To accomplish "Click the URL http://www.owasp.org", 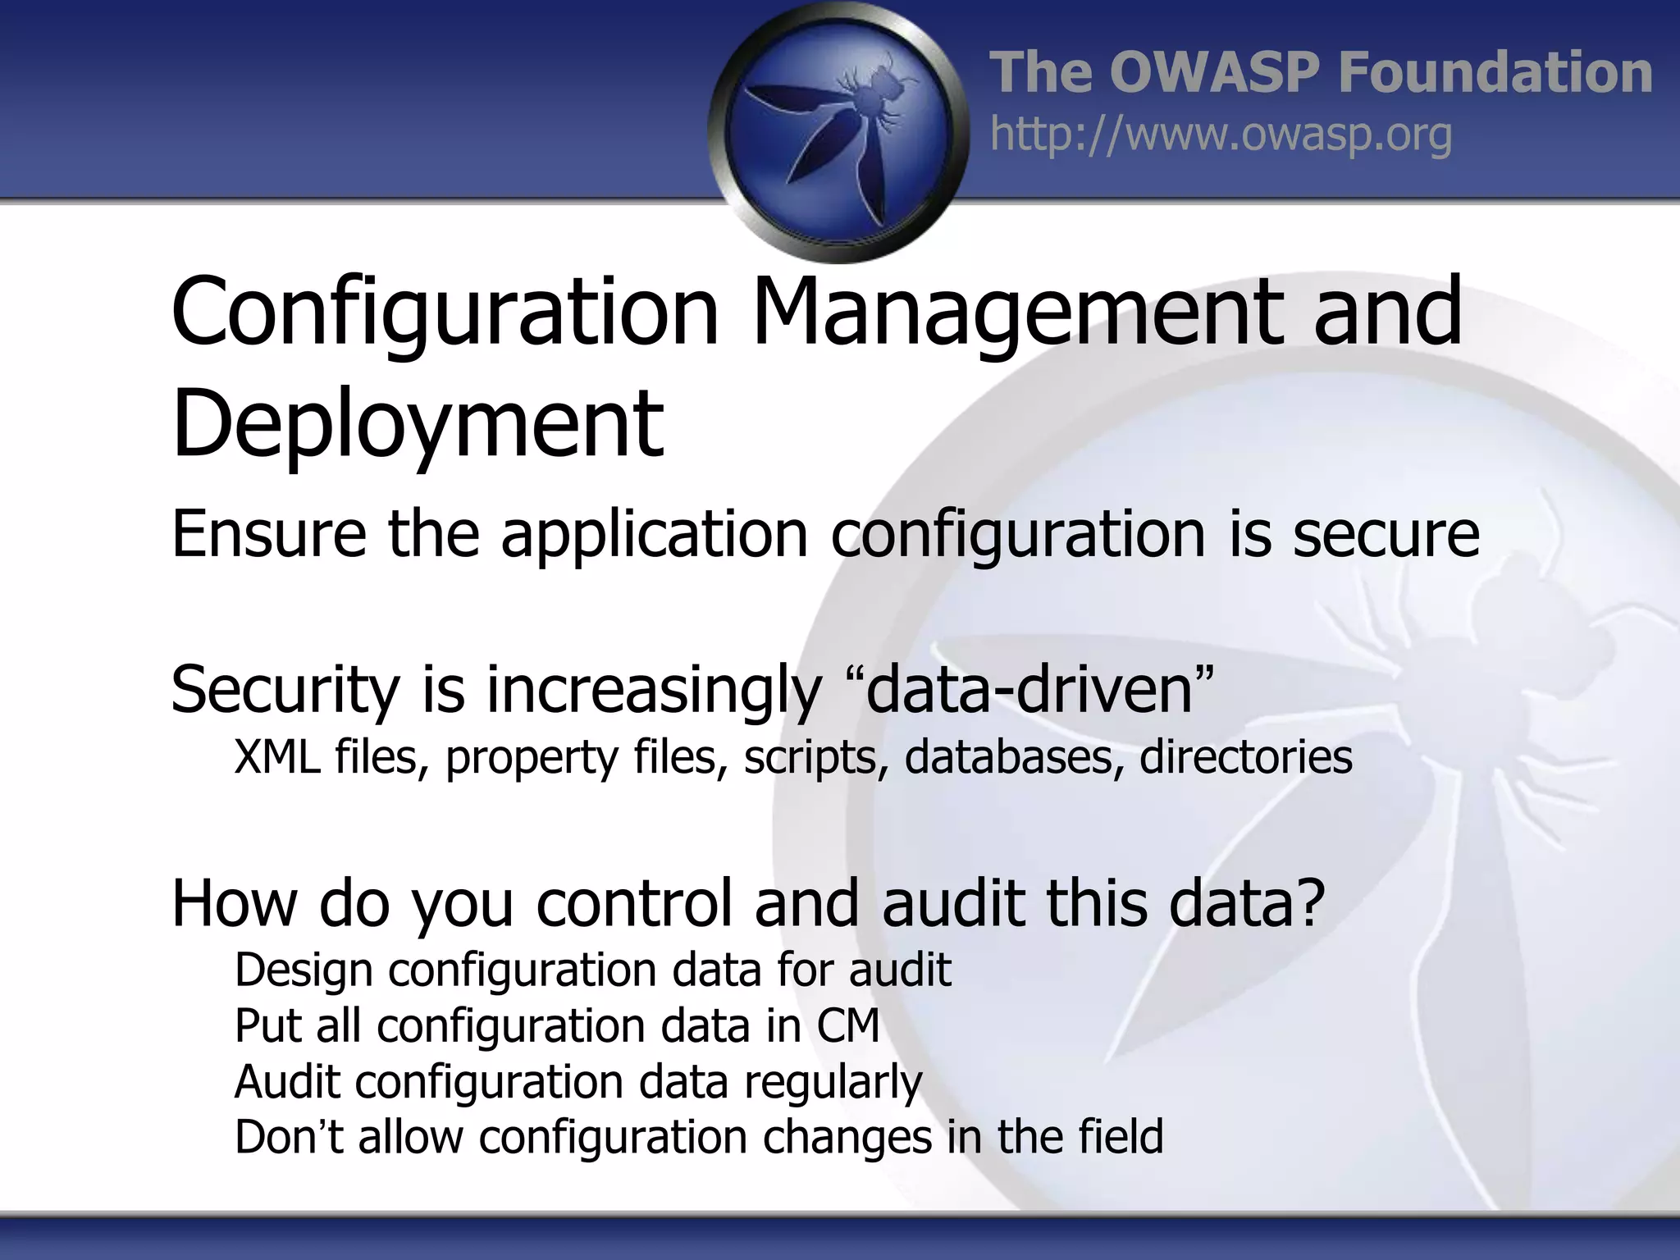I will [1221, 135].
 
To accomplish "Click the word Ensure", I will [268, 534].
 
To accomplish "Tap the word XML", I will [276, 756].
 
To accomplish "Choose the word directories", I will [1245, 756].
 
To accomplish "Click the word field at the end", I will [1121, 1137].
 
